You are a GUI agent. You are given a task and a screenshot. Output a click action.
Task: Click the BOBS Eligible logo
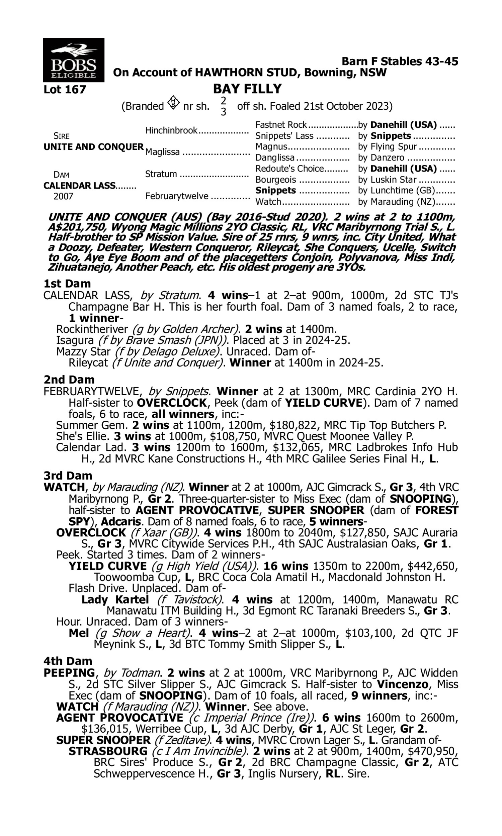point(73,60)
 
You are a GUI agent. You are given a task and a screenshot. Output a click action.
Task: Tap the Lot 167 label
point(65,90)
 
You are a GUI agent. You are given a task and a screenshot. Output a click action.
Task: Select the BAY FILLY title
point(247,89)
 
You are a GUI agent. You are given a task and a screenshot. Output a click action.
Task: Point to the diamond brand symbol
point(173,102)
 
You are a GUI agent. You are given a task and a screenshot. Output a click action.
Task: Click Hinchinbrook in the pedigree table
point(171,130)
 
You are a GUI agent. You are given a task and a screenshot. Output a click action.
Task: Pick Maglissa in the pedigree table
point(162,152)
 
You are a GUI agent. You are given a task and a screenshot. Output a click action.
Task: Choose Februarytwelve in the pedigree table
point(176,196)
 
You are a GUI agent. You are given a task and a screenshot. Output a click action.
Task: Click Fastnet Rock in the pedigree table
point(281,125)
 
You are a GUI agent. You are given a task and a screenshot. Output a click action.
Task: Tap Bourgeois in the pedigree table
point(276,180)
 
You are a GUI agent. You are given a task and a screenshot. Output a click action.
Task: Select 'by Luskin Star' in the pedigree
point(387,180)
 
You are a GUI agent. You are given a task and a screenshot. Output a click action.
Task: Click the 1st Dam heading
point(67,284)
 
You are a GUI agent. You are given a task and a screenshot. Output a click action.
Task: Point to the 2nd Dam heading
point(69,380)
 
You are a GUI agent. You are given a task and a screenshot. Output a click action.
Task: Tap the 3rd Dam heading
point(68,476)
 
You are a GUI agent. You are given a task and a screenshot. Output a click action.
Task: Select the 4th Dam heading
point(68,661)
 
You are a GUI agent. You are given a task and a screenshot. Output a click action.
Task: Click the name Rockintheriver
point(92,329)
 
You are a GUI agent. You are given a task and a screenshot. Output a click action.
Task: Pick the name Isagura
point(75,340)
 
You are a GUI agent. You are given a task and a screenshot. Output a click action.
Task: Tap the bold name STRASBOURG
point(108,751)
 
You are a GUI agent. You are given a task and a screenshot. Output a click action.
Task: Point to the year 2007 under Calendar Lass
point(63,197)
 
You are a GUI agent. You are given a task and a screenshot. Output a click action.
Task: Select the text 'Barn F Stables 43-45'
point(400,62)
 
